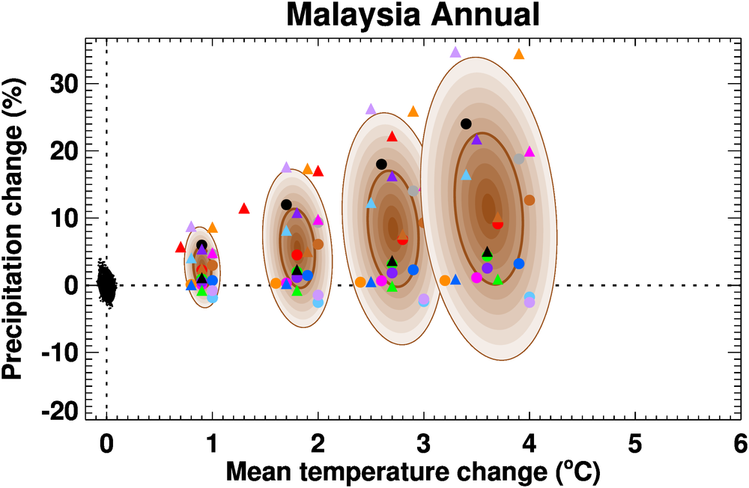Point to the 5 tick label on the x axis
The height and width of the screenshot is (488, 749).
(634, 443)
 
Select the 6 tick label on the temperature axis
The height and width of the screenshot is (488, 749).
(740, 443)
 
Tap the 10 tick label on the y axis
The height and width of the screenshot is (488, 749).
(65, 218)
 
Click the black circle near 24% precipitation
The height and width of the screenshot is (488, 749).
(466, 123)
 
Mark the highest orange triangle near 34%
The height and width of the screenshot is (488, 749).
(519, 54)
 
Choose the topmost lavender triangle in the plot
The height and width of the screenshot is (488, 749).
(455, 52)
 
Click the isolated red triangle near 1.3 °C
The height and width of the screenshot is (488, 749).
(243, 208)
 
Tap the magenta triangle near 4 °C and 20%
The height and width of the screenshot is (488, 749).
(530, 151)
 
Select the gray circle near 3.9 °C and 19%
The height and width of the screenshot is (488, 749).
(519, 159)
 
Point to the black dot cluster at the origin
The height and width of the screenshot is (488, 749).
(107, 284)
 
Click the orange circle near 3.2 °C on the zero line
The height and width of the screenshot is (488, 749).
(445, 281)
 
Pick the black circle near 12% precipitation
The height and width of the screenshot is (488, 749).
(286, 204)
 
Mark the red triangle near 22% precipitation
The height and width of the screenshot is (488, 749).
(392, 136)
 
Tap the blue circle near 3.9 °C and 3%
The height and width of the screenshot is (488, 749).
(519, 263)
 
